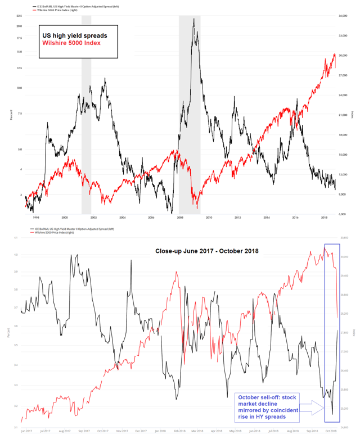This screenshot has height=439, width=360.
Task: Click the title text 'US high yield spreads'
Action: (x=75, y=35)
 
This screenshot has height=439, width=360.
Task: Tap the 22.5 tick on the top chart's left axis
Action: (x=19, y=16)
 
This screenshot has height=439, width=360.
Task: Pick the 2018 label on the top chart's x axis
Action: (x=325, y=218)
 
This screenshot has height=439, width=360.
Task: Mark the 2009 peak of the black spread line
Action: (x=193, y=19)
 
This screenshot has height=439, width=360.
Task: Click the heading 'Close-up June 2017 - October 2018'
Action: (x=206, y=251)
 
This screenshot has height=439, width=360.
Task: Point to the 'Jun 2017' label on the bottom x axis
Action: (x=26, y=431)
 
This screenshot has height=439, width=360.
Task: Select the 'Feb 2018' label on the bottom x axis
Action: (x=179, y=431)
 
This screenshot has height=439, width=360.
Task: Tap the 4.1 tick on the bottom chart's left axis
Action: (x=18, y=238)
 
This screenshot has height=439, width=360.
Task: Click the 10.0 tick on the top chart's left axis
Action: (x=19, y=88)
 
